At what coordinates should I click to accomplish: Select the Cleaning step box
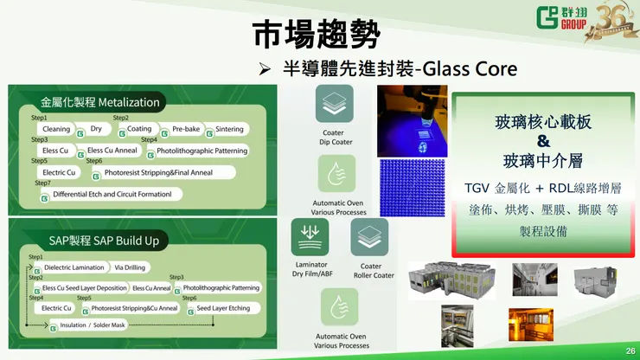[56, 129]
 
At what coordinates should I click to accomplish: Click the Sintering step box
[229, 129]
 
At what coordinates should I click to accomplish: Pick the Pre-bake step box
[185, 129]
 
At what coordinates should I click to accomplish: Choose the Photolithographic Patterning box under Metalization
[202, 151]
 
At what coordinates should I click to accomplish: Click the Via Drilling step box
[130, 267]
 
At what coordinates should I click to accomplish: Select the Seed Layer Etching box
[222, 308]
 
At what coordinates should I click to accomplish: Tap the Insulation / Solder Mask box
[92, 326]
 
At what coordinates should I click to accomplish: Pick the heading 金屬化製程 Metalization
[99, 102]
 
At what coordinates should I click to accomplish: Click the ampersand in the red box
[543, 140]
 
